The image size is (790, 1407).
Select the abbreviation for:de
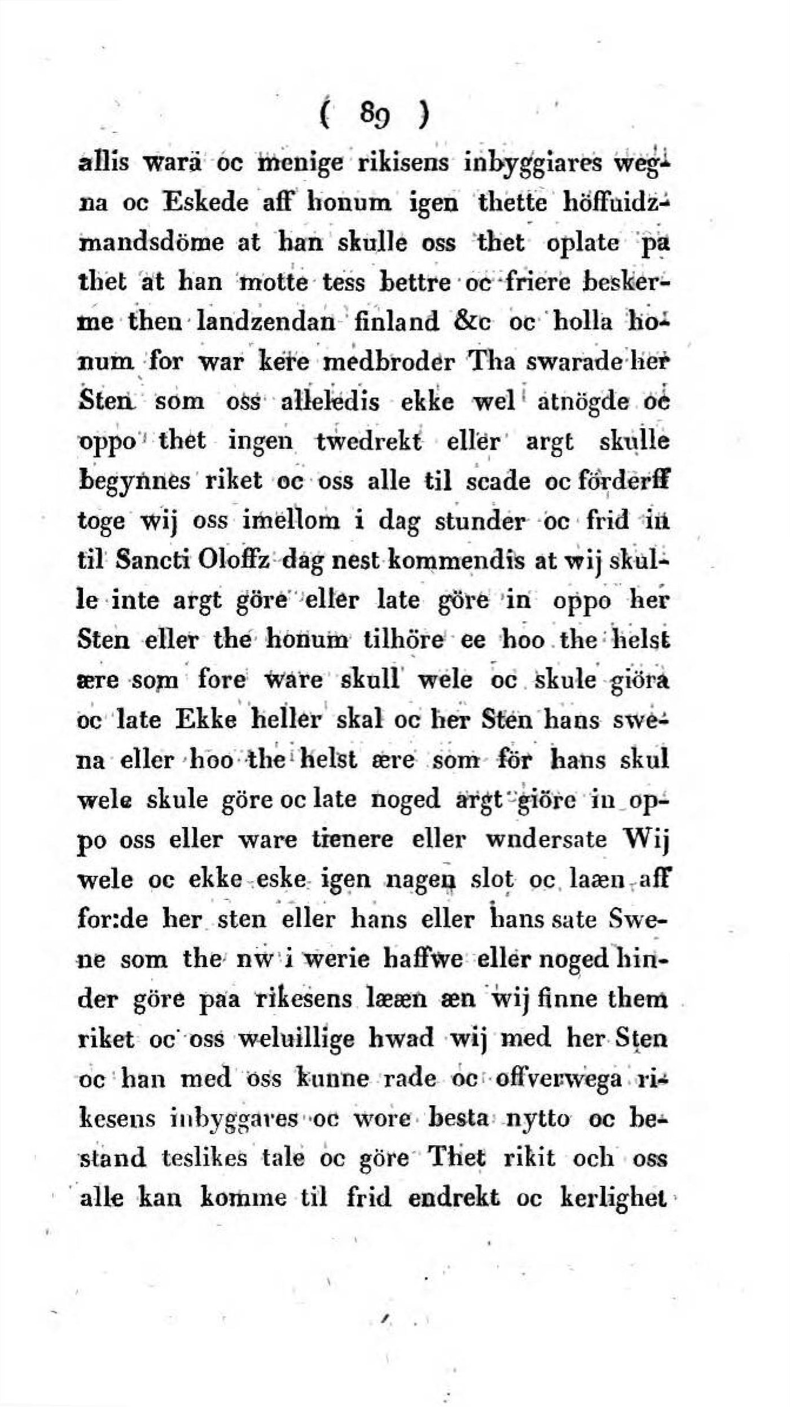coord(115,920)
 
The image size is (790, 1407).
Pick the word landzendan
coord(265,322)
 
